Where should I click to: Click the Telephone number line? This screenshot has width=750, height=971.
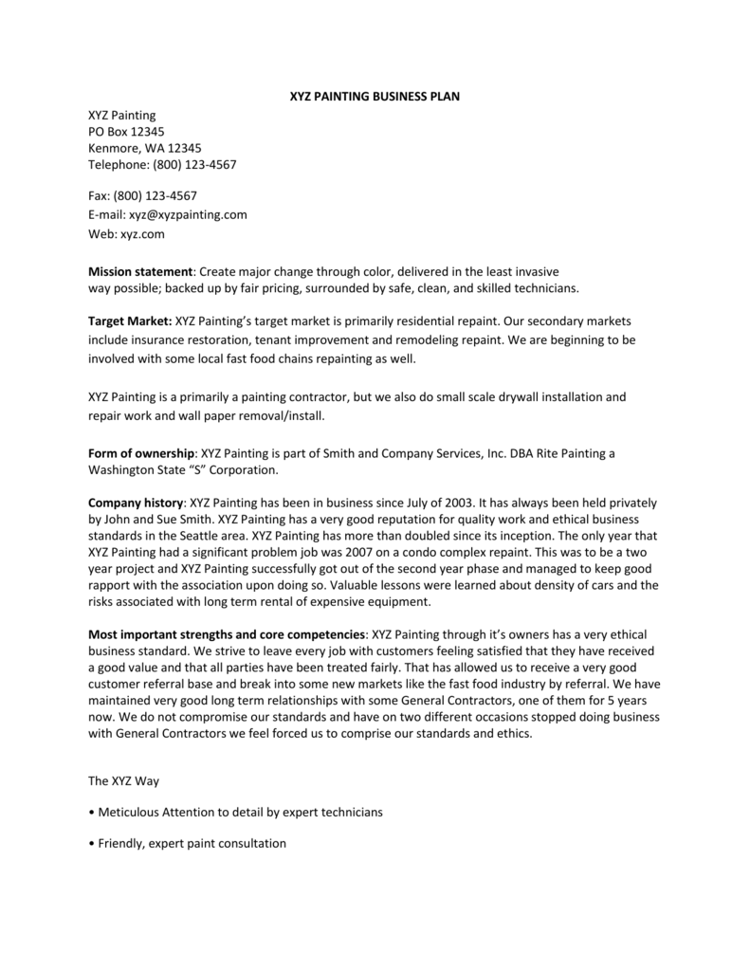click(x=162, y=164)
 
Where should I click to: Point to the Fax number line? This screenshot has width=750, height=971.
click(x=142, y=196)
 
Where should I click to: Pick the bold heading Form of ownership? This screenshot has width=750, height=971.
click(x=141, y=453)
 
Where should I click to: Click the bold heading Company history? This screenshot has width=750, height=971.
click(x=137, y=503)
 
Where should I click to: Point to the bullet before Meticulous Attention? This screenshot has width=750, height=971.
click(x=91, y=813)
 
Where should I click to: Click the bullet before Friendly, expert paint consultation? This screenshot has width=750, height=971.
click(x=91, y=843)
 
